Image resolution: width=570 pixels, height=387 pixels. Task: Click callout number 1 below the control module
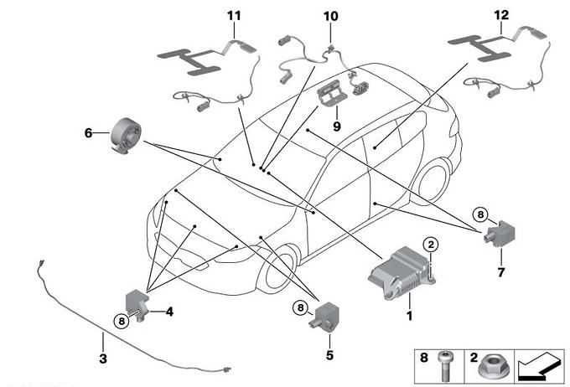409,317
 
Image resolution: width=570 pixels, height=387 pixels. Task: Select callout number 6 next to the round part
88,132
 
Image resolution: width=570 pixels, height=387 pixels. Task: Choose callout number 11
233,15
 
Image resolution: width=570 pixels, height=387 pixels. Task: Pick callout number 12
501,15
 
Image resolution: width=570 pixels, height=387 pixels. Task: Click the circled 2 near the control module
430,245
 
